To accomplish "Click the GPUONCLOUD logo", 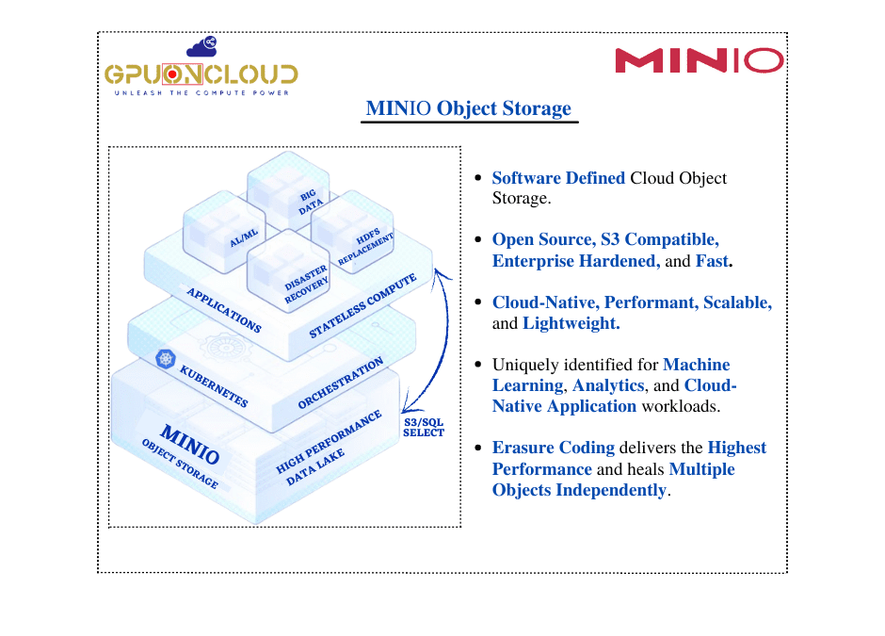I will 201,73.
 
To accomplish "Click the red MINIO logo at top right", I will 699,61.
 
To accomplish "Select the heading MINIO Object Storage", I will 468,108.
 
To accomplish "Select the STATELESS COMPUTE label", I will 362,306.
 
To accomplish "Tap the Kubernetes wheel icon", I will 167,358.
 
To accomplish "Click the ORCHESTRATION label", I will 340,383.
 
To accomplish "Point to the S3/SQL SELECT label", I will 423,427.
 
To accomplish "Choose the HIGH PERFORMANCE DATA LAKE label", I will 330,448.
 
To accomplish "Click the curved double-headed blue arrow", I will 435,339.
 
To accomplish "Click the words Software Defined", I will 558,178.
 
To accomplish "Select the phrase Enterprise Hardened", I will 575,261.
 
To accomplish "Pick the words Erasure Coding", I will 553,448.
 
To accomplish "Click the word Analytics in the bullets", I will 607,385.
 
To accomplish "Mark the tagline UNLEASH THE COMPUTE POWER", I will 201,94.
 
